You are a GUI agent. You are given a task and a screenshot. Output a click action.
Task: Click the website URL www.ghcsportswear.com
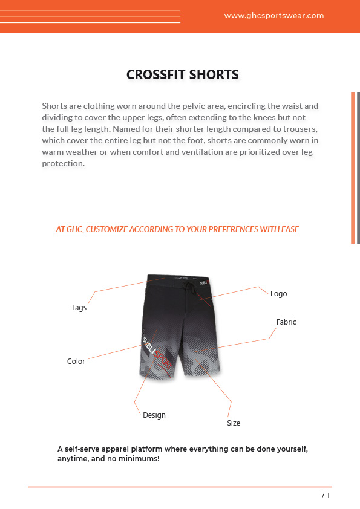pos(273,16)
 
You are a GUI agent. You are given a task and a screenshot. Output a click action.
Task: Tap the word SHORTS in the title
pos(214,75)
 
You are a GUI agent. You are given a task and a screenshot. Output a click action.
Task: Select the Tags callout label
pos(79,308)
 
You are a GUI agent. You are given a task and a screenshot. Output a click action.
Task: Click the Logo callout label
pos(278,294)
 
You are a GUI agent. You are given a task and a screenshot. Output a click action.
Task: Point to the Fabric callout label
pos(286,322)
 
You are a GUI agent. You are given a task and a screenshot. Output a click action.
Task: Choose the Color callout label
pos(76,361)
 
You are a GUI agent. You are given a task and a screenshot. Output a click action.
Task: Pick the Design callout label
pos(154,415)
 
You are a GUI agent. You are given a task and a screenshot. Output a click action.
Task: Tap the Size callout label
pos(234,423)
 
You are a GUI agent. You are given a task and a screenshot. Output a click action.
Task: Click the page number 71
pos(325,496)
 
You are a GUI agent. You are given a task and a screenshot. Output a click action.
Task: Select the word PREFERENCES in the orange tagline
pos(235,230)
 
